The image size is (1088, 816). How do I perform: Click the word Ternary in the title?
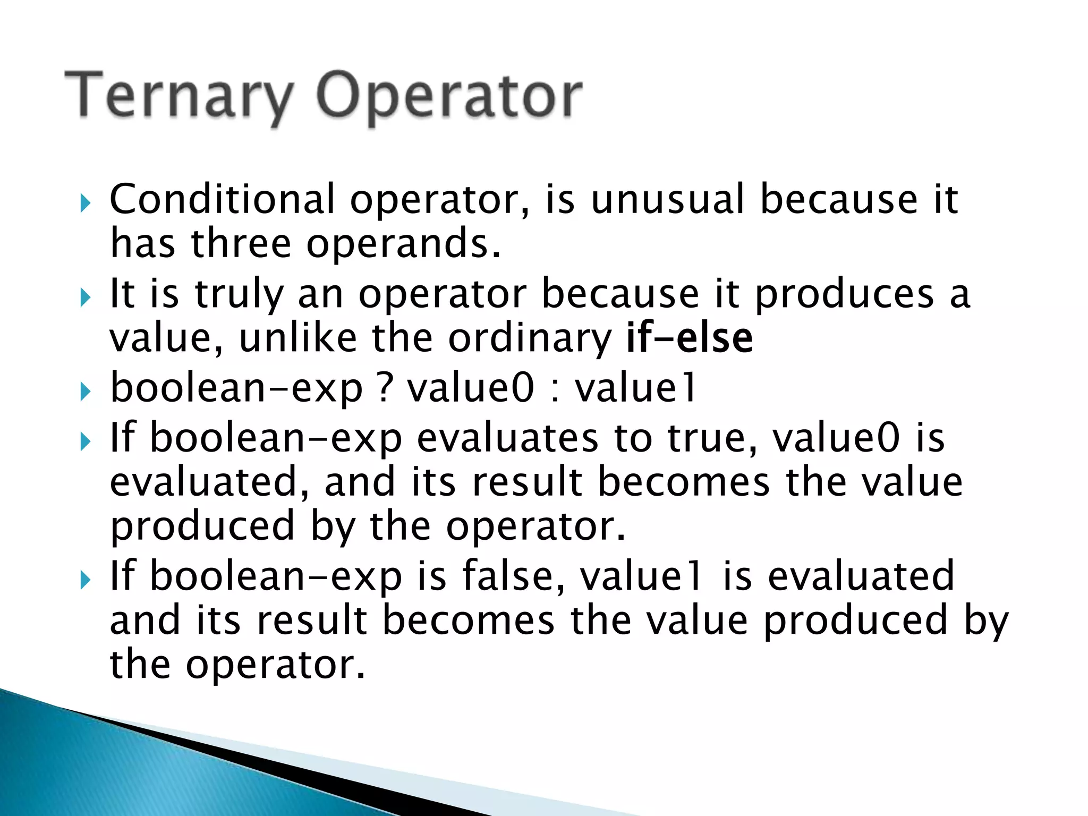pos(178,96)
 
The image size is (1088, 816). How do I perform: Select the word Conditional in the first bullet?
pos(222,200)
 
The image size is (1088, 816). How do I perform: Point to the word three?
pos(241,244)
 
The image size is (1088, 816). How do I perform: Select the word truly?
pos(239,295)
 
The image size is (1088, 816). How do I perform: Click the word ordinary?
pos(530,339)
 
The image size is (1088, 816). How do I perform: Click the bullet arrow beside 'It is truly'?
pos(85,297)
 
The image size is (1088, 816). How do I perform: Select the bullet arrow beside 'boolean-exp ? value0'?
pos(85,393)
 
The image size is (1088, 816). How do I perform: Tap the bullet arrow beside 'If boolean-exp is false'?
pos(85,580)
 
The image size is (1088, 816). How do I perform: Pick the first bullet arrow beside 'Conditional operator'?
pos(85,203)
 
